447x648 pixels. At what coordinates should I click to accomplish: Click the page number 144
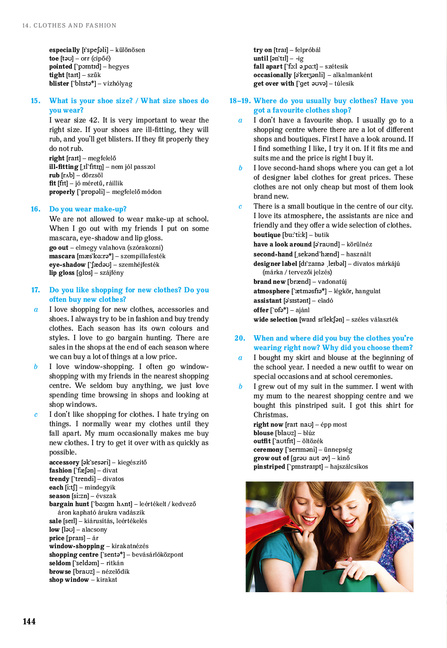point(29,622)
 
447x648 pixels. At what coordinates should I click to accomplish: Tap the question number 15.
point(35,101)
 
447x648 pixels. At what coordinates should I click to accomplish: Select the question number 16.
point(35,209)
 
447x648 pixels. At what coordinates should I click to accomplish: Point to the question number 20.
point(240,338)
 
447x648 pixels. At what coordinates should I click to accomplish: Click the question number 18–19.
point(240,101)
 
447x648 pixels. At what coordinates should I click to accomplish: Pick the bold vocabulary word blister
point(59,84)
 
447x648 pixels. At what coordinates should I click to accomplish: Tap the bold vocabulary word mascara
point(62,256)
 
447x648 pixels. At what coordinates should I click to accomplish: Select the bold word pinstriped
point(269,467)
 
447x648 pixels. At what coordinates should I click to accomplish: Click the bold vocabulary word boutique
point(267,235)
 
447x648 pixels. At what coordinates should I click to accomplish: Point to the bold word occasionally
point(272,75)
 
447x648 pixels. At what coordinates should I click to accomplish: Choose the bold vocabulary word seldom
point(60,563)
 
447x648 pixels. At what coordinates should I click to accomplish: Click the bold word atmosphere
point(271,291)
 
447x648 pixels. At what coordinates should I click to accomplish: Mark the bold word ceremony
point(268,450)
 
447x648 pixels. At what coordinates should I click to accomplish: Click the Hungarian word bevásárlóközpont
point(158,555)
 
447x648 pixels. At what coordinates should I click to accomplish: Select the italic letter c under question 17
point(35,415)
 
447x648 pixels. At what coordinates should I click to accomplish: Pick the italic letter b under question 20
point(240,387)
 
